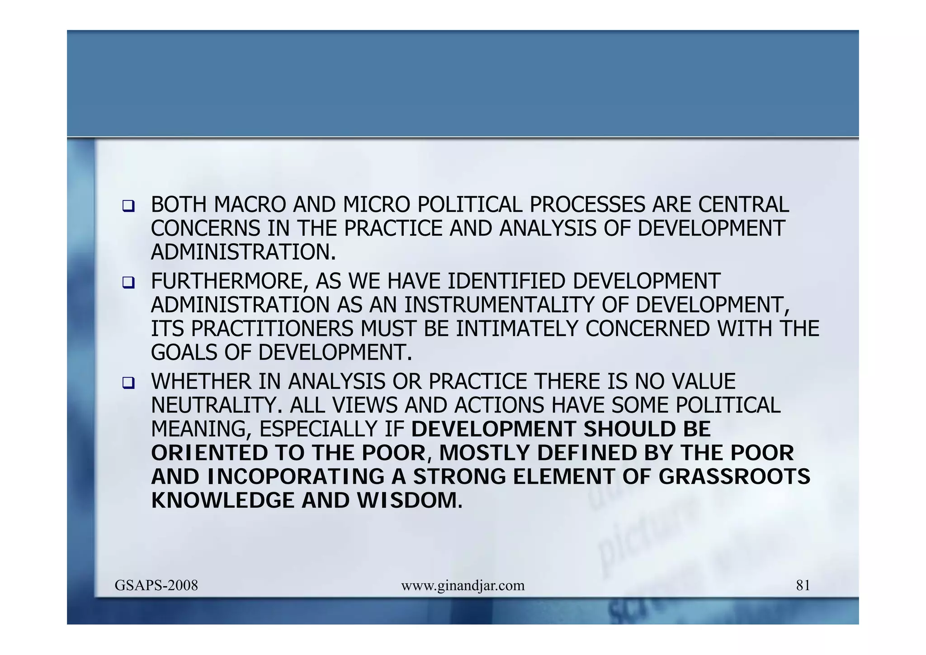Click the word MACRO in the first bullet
click(x=250, y=205)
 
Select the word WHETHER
click(x=201, y=382)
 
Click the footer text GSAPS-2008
click(x=156, y=585)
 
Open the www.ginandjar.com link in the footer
click(x=463, y=585)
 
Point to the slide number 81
click(x=803, y=585)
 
